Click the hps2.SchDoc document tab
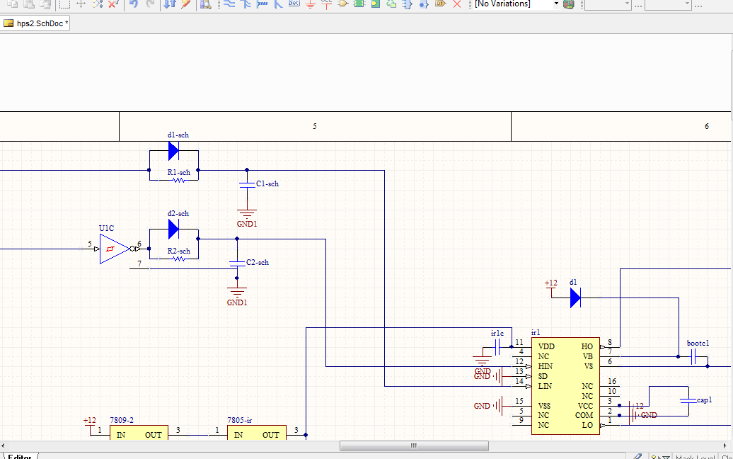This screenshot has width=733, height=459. pos(37,23)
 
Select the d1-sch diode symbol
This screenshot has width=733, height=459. pos(173,151)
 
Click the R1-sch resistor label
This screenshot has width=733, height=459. pos(178,172)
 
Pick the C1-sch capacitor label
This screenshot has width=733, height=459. pos(267,184)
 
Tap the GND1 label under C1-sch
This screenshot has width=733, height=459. pos(247,224)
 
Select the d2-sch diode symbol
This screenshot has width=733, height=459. pos(173,229)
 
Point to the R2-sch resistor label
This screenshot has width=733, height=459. pos(178,251)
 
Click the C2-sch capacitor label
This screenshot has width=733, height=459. pos(258,263)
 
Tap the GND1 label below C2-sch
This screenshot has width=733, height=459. pos(237,302)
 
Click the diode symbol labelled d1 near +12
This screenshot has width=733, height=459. pos(575,298)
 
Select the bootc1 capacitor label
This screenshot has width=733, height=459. pos(698,344)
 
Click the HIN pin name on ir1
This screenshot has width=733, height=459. pos(545,366)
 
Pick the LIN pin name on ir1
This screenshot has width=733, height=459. pos(545,386)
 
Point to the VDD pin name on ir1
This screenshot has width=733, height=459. pos(546,346)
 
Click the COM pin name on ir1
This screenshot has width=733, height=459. pos(584,415)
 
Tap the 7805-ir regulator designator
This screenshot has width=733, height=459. pos(239,420)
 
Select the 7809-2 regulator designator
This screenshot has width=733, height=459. pos(122,420)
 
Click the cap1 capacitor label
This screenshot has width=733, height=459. pos(704,400)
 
